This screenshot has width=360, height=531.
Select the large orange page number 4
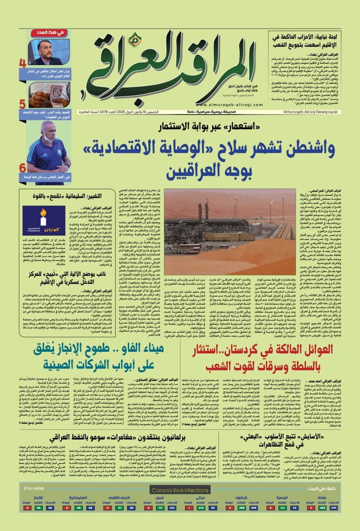(22, 63)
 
